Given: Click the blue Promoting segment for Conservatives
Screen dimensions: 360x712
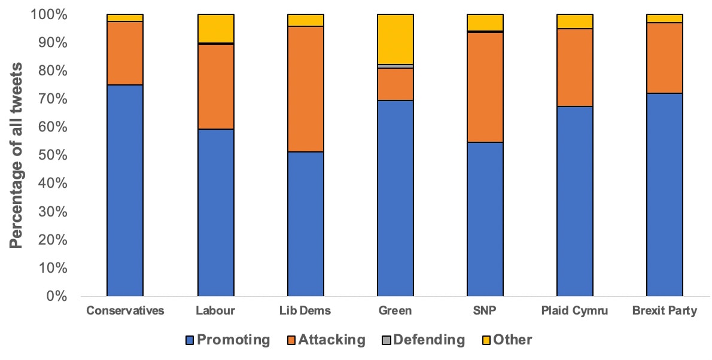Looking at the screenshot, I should point(124,190).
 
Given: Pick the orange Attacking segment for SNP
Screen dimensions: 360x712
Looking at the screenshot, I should point(485,87).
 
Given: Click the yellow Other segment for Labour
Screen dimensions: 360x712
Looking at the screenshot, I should point(215,28).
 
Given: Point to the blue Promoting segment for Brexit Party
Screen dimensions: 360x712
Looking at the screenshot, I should point(665,194).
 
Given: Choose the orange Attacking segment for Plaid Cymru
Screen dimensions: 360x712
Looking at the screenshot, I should point(575,68).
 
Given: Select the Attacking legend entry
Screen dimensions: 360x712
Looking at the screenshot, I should point(323,340).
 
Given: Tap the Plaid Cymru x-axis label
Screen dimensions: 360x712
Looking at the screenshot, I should point(574,311).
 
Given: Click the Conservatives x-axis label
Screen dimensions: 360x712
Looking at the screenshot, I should point(124,311).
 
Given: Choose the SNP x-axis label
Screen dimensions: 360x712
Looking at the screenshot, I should point(485,311).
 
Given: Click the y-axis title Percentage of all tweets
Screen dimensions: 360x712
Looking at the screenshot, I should point(17,155).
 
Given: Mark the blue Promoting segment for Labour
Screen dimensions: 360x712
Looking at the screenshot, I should point(215,212).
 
